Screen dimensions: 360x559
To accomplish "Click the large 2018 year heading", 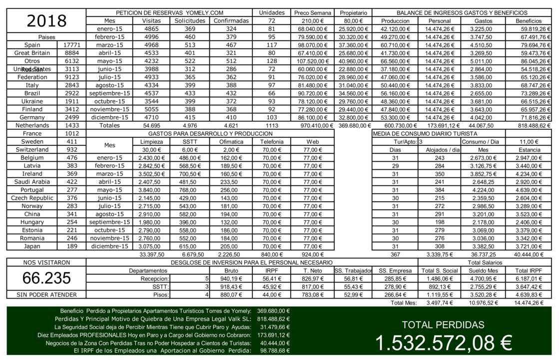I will point(46,20).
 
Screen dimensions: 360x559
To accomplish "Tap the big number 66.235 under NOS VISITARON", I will point(46,278).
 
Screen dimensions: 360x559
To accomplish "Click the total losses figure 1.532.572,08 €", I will point(443,343).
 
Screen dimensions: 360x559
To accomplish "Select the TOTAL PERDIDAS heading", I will point(443,325).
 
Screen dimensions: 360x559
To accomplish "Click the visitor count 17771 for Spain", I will point(72,45).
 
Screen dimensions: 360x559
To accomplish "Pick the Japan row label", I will point(32,246).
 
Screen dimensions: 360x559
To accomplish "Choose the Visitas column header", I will point(151,21).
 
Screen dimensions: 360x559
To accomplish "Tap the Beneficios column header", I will point(529,21).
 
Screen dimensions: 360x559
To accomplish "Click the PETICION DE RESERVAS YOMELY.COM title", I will point(169,12).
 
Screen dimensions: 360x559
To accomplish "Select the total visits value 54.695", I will point(151,125).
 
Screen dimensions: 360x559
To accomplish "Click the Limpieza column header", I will point(151,142).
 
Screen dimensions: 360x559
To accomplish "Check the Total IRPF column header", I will point(529,270).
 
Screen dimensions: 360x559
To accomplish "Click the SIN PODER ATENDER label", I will point(46,295).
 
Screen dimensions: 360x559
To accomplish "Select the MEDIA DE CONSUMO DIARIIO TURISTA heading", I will point(425,133).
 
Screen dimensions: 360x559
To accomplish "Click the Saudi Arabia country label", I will point(32,182).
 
